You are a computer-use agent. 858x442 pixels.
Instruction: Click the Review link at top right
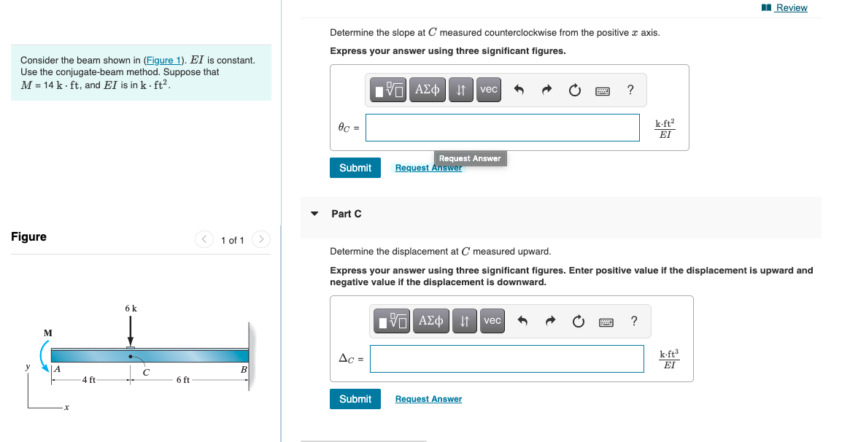point(791,8)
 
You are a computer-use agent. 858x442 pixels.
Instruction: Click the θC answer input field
point(502,127)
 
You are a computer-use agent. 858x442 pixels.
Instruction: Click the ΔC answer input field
point(506,358)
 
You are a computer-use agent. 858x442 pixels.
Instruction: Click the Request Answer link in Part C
point(428,399)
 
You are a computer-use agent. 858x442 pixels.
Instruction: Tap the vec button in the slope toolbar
point(488,90)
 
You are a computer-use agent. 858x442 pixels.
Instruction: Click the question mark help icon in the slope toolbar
point(630,90)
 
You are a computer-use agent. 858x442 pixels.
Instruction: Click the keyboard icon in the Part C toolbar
point(606,321)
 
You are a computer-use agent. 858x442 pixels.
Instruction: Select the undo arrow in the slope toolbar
point(519,90)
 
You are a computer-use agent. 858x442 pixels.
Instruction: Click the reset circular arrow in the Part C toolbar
point(578,321)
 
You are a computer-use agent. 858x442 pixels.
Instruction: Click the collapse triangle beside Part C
point(314,214)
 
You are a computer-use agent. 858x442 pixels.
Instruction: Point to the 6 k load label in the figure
point(131,309)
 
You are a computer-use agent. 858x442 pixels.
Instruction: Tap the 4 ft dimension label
point(88,379)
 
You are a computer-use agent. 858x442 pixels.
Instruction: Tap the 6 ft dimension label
point(182,379)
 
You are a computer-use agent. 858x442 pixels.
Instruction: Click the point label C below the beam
point(146,373)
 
